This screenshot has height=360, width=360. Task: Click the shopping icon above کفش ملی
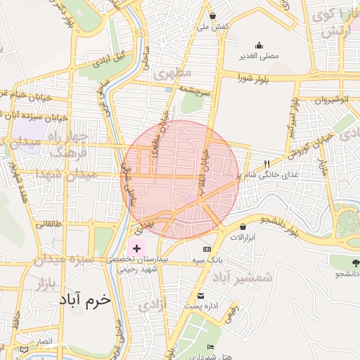[x=212, y=15]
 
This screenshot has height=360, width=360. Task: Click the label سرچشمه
[x=195, y=91]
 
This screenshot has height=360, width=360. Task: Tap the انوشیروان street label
[x=330, y=100]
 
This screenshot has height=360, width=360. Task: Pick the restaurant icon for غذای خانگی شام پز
[x=266, y=165]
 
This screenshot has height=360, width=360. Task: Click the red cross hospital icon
[x=136, y=249]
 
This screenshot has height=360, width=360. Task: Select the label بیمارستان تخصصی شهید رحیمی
[x=137, y=264]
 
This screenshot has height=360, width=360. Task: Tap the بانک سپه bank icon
[x=207, y=249]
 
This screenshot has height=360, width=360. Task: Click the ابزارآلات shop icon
[x=243, y=226]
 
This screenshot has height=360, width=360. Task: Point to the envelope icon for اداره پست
[x=200, y=295]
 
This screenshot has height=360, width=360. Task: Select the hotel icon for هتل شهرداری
[x=211, y=347]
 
